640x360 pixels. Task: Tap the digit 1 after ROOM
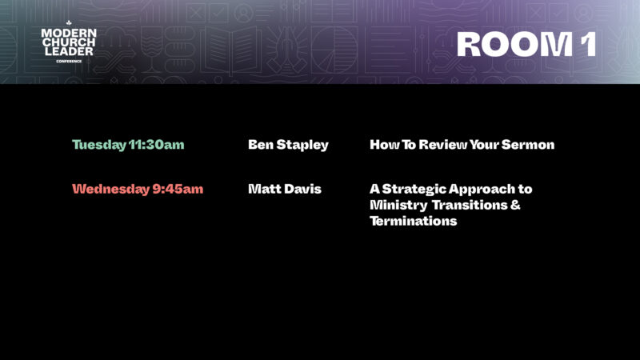pos(589,44)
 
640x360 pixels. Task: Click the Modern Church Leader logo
pos(69,42)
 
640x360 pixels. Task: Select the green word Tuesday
pos(99,145)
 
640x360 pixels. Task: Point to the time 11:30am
pos(156,145)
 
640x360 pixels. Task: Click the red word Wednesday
pos(111,189)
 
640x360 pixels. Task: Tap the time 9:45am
pos(178,189)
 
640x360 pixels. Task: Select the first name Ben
pos(261,145)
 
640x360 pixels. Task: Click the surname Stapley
pos(302,146)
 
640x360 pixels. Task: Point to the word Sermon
pos(528,145)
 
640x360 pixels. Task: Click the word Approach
pos(482,190)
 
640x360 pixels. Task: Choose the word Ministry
pos(393,206)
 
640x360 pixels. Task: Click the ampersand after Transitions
pos(515,205)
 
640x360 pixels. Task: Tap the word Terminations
pos(413,221)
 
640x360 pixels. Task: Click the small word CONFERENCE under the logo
pos(69,62)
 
